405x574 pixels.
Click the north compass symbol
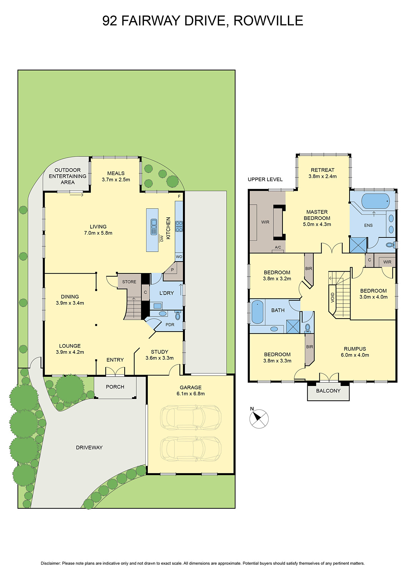(259, 419)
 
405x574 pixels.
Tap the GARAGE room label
(191, 387)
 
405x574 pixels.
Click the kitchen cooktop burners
(179, 226)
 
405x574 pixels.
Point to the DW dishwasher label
(161, 238)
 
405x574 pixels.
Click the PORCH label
(115, 387)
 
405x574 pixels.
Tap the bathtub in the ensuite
(375, 201)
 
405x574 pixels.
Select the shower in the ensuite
(358, 245)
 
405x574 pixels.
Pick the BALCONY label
(328, 391)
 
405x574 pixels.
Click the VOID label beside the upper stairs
(333, 297)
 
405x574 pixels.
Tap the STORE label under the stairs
(129, 282)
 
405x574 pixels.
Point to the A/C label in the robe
(278, 248)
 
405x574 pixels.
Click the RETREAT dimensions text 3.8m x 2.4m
(322, 177)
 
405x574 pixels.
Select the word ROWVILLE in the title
(268, 21)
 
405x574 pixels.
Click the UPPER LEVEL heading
(265, 179)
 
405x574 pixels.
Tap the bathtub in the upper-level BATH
(257, 312)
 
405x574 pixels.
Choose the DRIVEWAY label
(89, 447)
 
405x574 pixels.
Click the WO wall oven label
(179, 257)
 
